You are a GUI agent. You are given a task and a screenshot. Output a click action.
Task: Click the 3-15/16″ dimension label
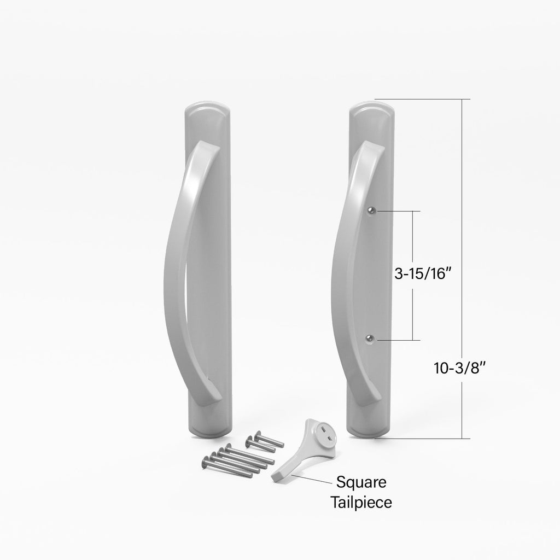pos(421,274)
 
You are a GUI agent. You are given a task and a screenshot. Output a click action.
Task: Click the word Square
pos(361,482)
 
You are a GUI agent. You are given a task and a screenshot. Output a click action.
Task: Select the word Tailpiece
pos(361,502)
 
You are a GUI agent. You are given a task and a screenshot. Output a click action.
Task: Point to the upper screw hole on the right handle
pos(372,211)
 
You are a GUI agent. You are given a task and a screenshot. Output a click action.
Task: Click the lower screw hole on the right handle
pos(370,338)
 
